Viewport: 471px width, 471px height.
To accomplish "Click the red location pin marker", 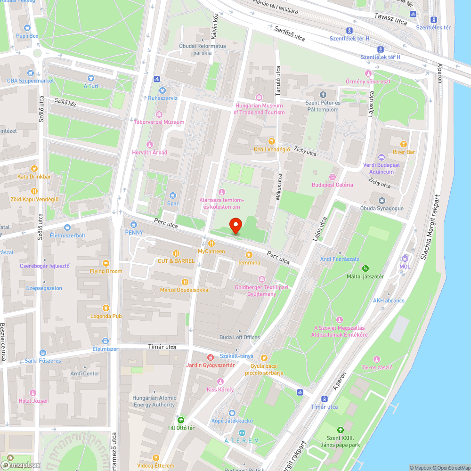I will (x=235, y=226).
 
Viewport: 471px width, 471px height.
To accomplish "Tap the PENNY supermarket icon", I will (x=134, y=224).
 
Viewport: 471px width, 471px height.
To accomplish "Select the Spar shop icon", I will (x=173, y=195).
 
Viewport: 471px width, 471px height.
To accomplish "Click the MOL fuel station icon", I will (x=405, y=258).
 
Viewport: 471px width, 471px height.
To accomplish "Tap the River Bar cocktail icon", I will (x=404, y=144).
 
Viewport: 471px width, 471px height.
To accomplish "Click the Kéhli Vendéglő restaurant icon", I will (x=271, y=141).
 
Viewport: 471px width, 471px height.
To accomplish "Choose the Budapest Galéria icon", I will (x=332, y=177).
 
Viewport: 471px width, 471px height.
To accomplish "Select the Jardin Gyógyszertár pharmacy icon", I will (x=210, y=357).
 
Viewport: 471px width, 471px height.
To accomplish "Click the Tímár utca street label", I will (x=162, y=347).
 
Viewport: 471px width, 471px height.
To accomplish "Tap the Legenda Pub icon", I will (x=106, y=308).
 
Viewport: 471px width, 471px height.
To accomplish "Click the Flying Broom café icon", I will (x=106, y=263).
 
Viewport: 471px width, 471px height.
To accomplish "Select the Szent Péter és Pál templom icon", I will (x=323, y=95).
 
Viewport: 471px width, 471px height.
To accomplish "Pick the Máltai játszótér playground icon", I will (x=365, y=268).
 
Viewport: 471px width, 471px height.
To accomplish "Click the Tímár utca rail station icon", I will (x=324, y=398).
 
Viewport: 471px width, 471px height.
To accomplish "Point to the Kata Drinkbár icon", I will (x=34, y=168).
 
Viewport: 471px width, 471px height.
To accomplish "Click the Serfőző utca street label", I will (x=289, y=34).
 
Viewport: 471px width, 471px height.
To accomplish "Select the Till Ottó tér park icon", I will (x=180, y=419).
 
